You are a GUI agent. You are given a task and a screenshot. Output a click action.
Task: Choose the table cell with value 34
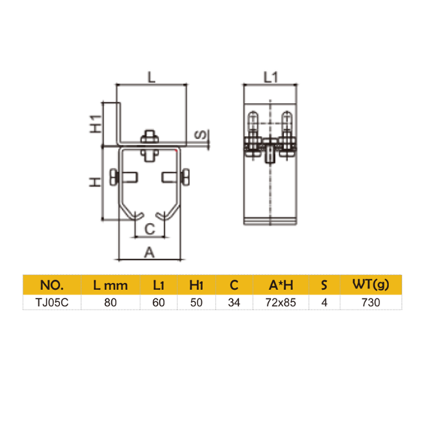click(234, 304)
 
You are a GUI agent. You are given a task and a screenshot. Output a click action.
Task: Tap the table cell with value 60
click(159, 304)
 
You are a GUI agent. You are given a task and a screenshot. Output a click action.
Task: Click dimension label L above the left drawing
click(150, 77)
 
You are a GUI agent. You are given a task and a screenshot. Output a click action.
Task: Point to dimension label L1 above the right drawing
click(271, 77)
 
